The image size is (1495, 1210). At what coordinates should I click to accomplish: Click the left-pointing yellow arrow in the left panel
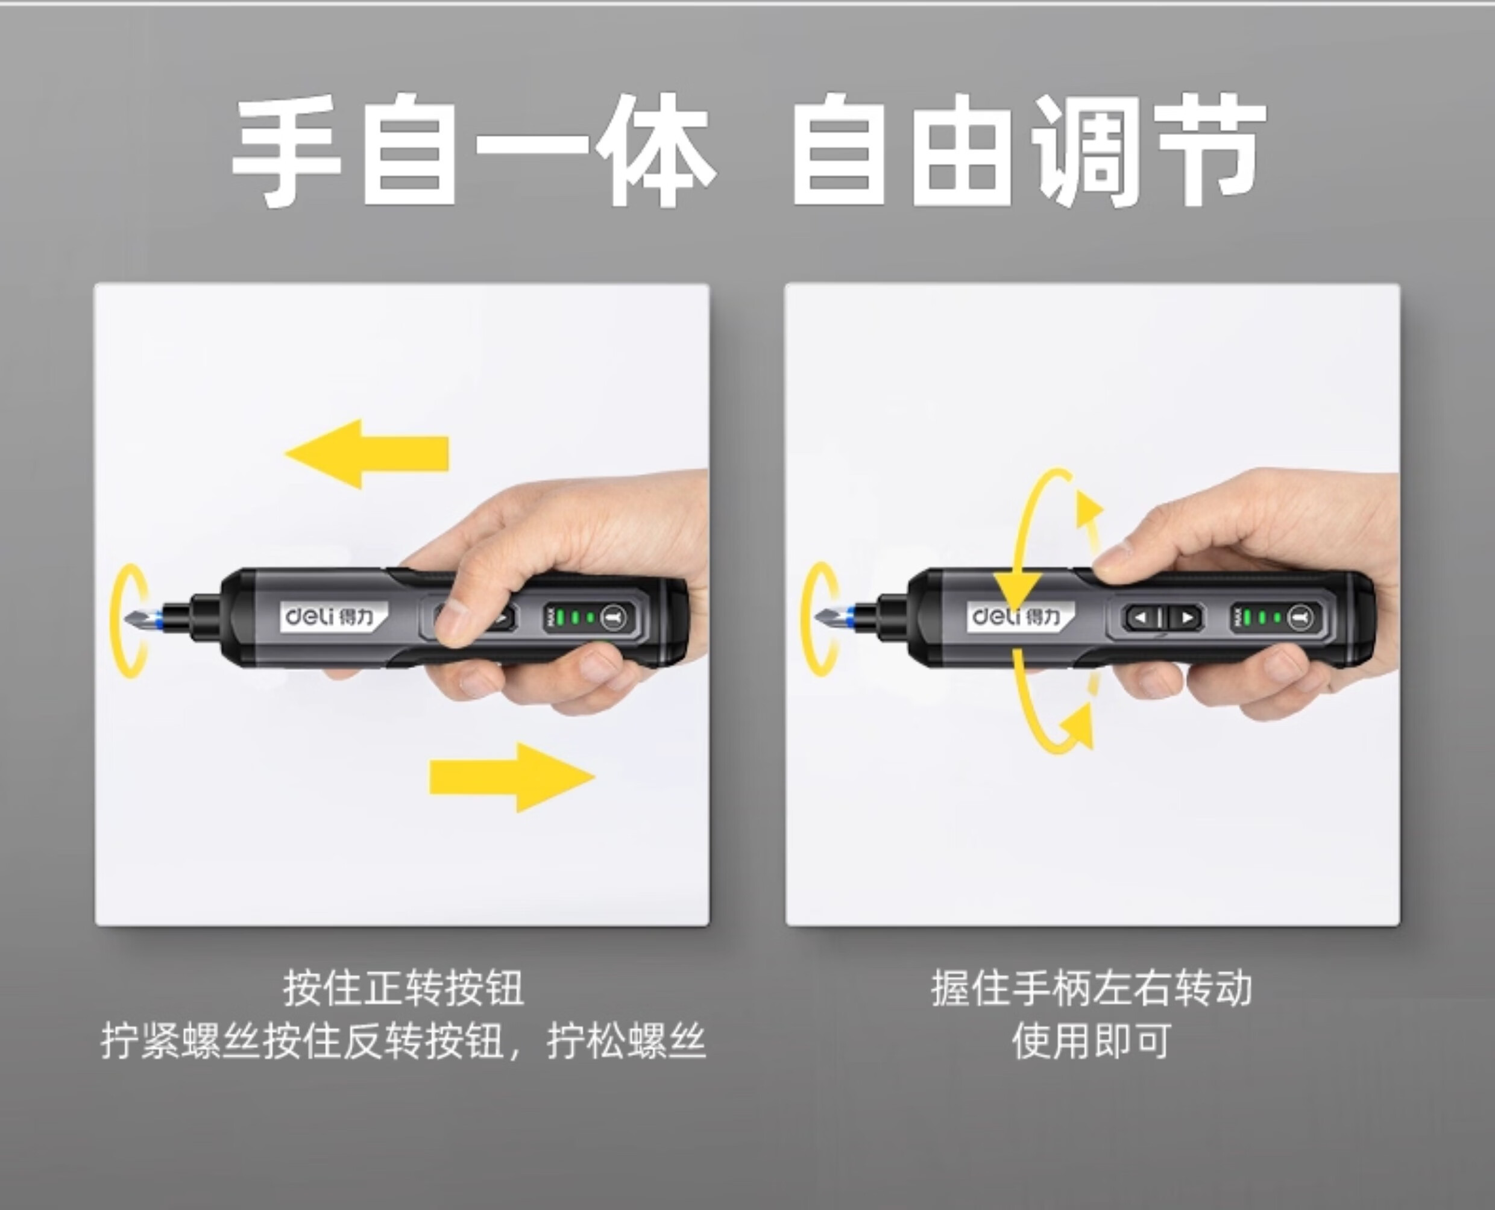tap(367, 454)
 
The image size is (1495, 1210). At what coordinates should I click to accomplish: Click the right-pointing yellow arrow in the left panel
tap(512, 777)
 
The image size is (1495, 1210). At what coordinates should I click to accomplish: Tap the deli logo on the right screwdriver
tap(1019, 616)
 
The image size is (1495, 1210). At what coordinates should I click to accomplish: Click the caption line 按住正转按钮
tap(403, 988)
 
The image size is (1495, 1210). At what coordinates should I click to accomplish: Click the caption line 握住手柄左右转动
tap(1091, 988)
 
